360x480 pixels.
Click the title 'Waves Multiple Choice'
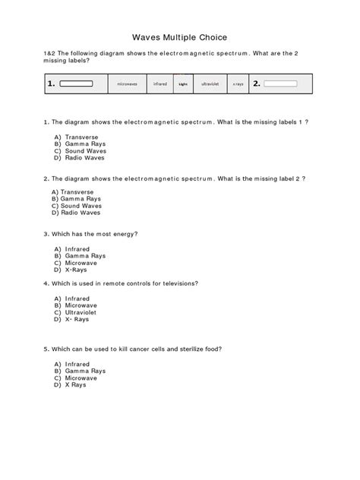(180, 36)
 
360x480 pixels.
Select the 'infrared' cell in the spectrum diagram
(159, 84)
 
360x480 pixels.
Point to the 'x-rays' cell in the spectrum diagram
(238, 84)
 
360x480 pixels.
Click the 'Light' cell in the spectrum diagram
(182, 84)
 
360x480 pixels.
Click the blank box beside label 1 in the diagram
(76, 84)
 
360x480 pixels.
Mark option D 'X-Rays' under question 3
(76, 270)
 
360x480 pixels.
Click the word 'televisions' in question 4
(175, 283)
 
